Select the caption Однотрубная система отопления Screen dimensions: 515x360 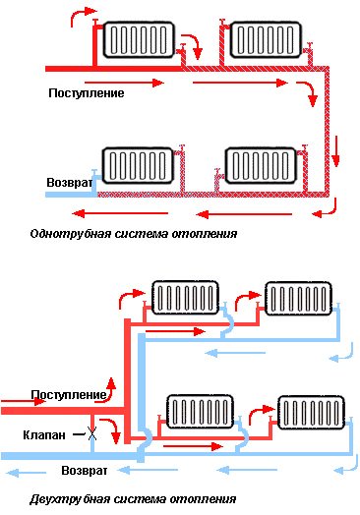(134, 235)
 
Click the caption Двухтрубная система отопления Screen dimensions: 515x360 (134, 498)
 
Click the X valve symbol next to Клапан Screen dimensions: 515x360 (91, 433)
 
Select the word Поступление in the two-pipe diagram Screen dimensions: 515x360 (68, 394)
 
